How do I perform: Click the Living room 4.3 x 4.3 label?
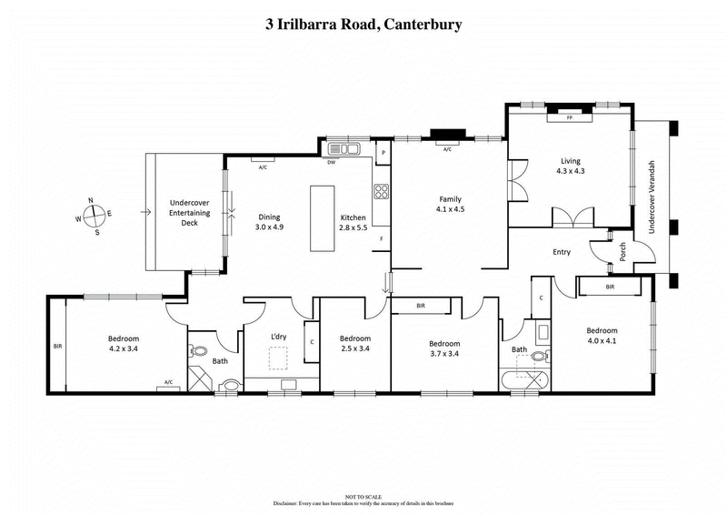pyautogui.click(x=570, y=165)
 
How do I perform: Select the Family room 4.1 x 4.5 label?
pyautogui.click(x=452, y=204)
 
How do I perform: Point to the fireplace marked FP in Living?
pyautogui.click(x=570, y=117)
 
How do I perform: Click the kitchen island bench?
pyautogui.click(x=322, y=219)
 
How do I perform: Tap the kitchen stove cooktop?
pyautogui.click(x=382, y=192)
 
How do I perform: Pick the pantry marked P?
pyautogui.click(x=383, y=152)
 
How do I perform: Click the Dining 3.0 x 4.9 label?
pyautogui.click(x=270, y=222)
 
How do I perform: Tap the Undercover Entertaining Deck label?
pyautogui.click(x=189, y=212)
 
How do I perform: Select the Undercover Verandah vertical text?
pyautogui.click(x=651, y=195)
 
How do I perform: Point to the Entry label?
pyautogui.click(x=562, y=252)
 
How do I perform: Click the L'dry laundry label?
pyautogui.click(x=279, y=337)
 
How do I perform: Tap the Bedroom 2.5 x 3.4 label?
pyautogui.click(x=354, y=343)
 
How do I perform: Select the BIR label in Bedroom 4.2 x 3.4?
pyautogui.click(x=57, y=347)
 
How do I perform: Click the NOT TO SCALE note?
pyautogui.click(x=363, y=495)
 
